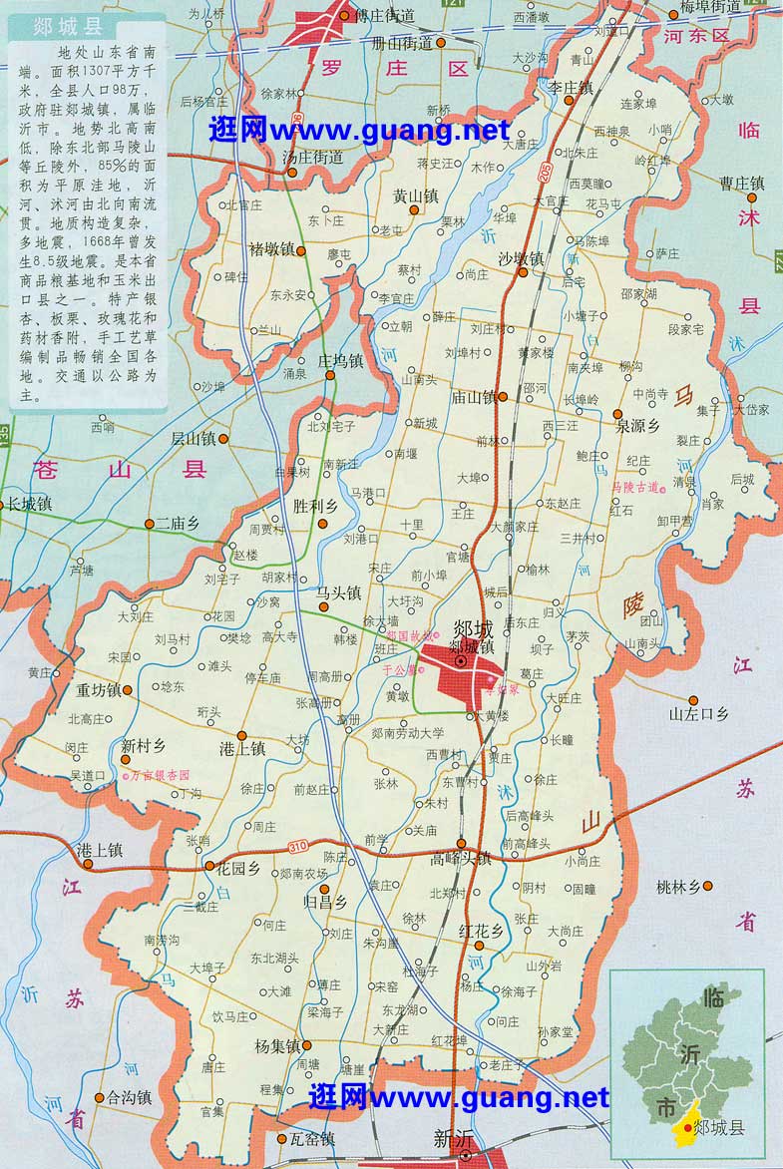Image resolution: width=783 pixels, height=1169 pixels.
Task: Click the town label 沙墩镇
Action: click(521, 258)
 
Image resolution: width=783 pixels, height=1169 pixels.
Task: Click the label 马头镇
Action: click(338, 592)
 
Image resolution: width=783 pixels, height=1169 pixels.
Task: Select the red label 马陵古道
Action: click(635, 487)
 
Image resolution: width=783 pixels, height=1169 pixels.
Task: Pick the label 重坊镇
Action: click(97, 690)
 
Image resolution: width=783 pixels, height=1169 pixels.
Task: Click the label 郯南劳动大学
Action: click(407, 733)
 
